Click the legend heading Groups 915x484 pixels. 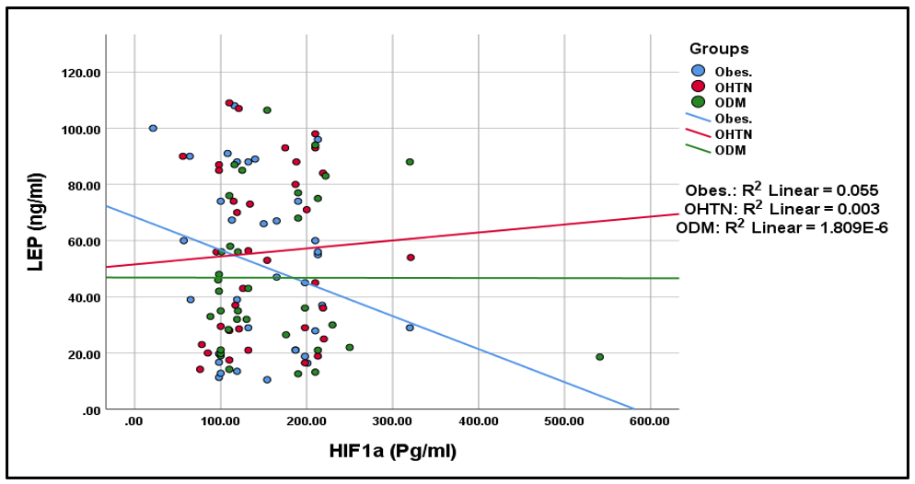point(719,49)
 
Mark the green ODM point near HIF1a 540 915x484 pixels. point(599,357)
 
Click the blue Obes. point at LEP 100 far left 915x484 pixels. point(153,128)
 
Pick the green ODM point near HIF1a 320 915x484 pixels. point(410,162)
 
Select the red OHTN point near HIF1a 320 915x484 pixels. point(411,258)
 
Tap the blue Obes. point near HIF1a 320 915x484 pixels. point(410,328)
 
